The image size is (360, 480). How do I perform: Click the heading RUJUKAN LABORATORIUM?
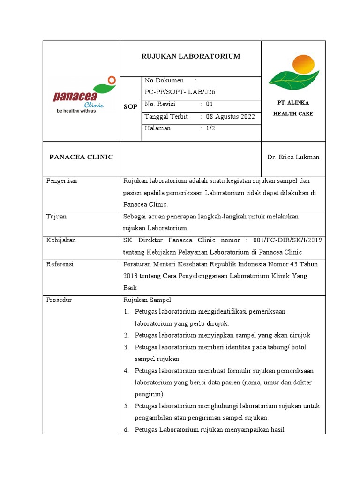coord(191,56)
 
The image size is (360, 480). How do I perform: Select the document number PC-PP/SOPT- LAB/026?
coord(180,92)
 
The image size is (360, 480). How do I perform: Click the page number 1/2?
coord(210,128)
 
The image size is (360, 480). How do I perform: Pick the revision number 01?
coord(210,104)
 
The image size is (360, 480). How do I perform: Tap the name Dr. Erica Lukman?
coord(293,157)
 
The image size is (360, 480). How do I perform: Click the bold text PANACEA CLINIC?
coord(81,157)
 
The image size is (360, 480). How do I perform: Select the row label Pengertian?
coord(61,181)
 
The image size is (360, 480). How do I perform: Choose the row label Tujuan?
coord(56,217)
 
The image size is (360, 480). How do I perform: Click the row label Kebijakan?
coord(61,240)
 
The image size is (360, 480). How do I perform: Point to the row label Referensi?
coord(60,264)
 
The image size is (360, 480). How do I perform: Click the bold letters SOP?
coord(130,107)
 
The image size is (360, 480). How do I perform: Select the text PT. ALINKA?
coord(293,103)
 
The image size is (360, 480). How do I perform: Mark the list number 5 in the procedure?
coord(126,406)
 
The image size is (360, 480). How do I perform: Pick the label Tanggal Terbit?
coord(166,117)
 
